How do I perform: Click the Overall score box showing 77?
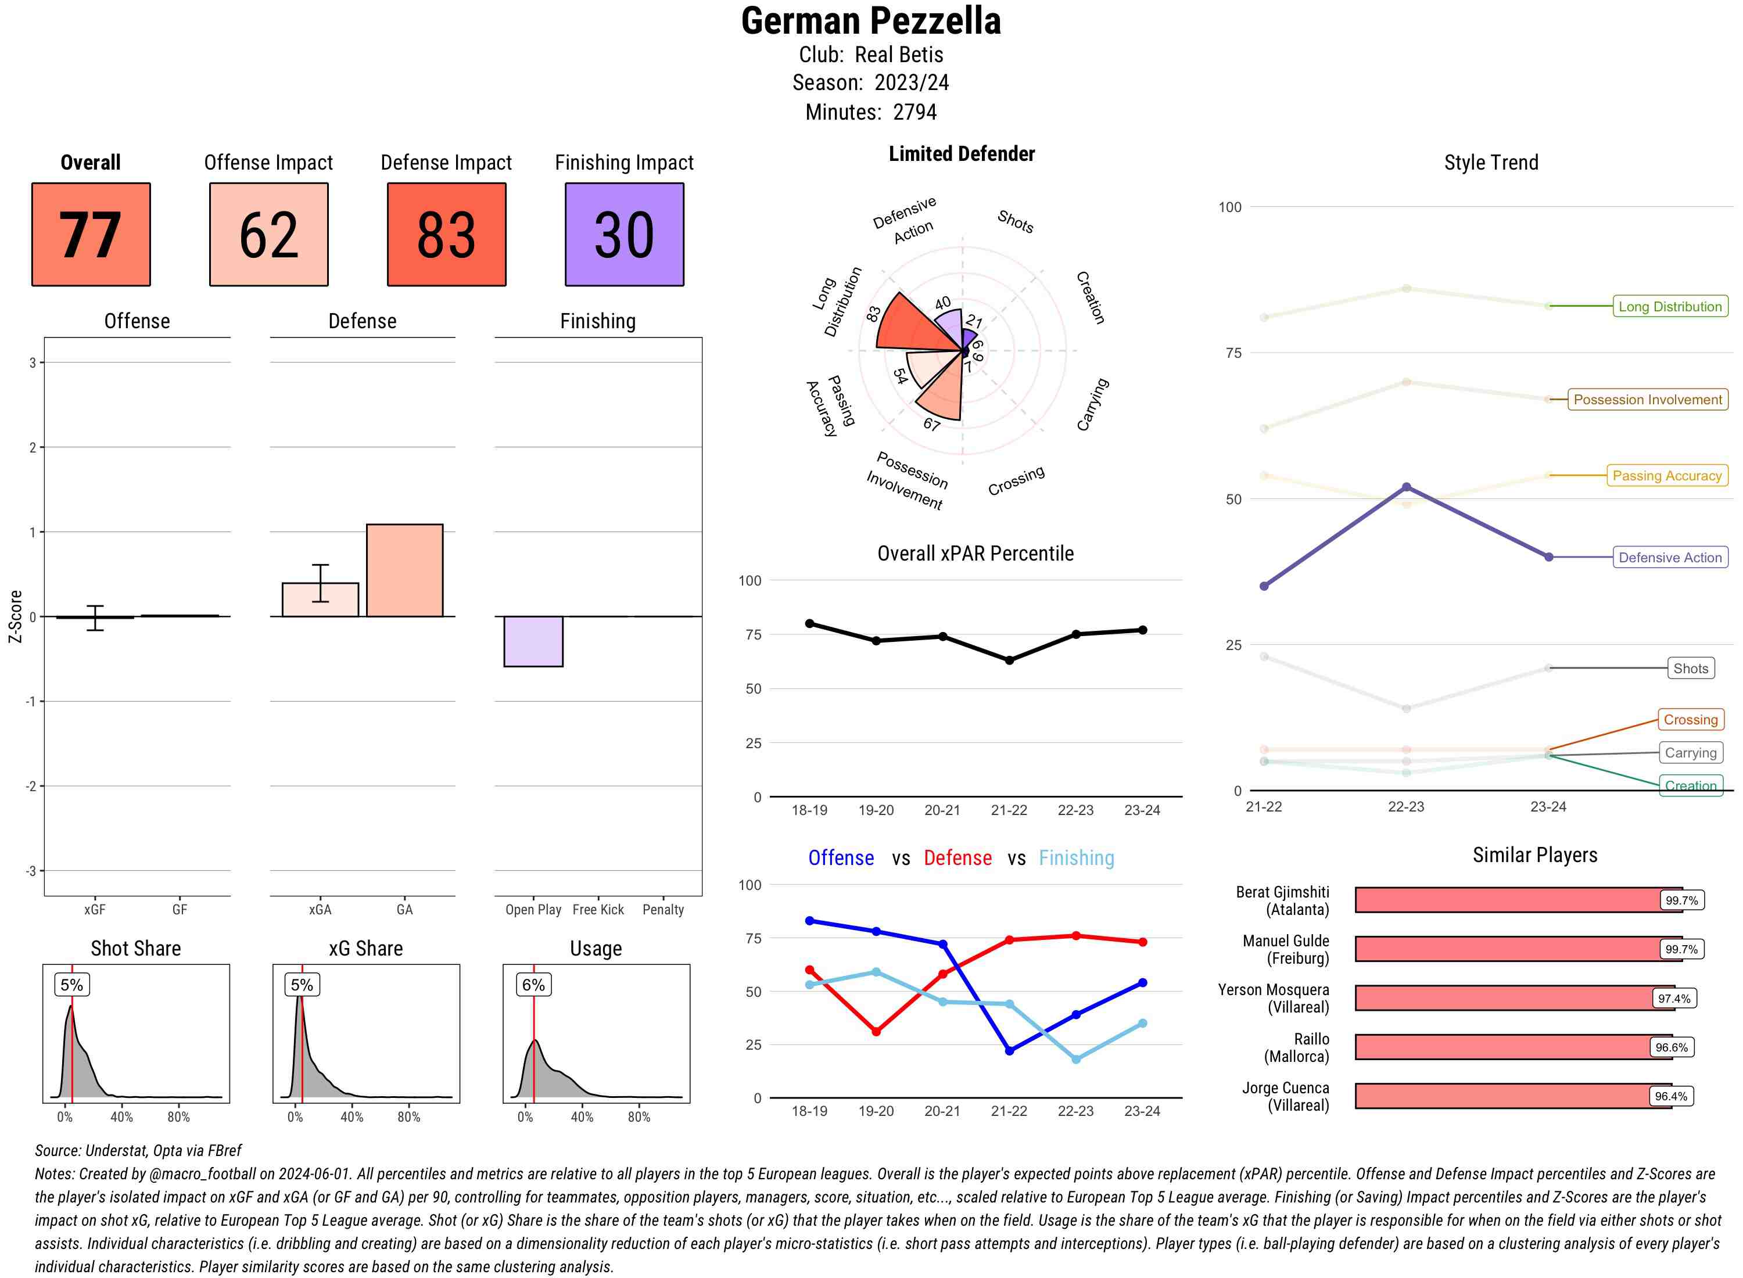point(91,235)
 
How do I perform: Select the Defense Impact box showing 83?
point(446,235)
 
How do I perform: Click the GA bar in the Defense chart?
point(404,570)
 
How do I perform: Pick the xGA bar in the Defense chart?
point(320,599)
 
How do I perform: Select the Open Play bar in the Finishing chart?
point(533,641)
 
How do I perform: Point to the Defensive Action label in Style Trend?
point(1670,557)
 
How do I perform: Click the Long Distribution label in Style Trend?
point(1670,306)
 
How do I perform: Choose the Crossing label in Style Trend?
point(1690,719)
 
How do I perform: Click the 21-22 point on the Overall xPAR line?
point(1009,660)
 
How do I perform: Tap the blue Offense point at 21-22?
point(1009,1050)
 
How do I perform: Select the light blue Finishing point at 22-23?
point(1075,1059)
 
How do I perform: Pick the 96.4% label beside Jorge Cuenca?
point(1670,1096)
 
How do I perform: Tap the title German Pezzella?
point(870,21)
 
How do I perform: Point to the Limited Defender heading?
point(961,154)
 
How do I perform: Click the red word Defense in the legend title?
point(957,858)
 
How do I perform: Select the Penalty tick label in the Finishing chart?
point(663,910)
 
